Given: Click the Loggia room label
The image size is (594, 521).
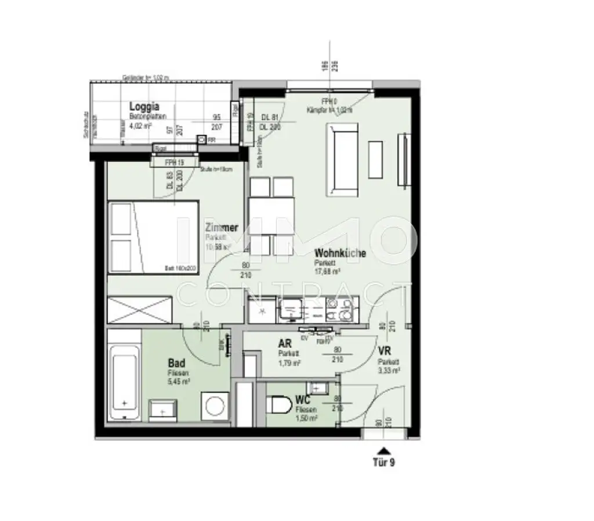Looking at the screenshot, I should [x=144, y=106].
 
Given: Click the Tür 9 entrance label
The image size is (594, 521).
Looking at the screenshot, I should [x=383, y=463].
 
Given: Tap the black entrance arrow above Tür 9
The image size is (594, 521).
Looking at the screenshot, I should [x=382, y=450].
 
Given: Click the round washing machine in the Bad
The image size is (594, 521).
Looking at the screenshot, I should [x=213, y=405].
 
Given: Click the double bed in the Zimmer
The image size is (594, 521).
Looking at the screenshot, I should [x=153, y=238].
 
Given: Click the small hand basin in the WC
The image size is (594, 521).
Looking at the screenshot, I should [x=317, y=387].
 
